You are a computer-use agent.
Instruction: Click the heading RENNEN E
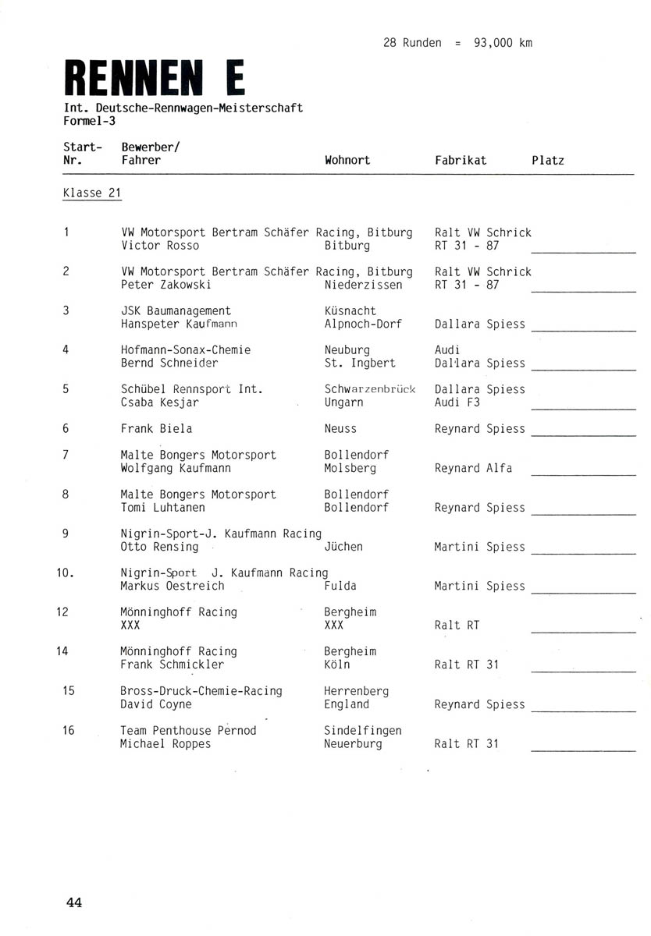click(x=154, y=78)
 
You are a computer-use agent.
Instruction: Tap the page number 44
click(x=74, y=902)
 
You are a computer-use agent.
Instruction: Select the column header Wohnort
click(x=347, y=160)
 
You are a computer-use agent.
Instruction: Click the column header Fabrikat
click(x=461, y=160)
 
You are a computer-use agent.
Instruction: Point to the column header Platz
click(x=548, y=160)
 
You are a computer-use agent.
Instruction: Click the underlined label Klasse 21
click(x=92, y=193)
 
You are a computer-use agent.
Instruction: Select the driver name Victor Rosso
click(x=160, y=246)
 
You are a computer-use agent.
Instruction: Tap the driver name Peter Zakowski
click(x=166, y=285)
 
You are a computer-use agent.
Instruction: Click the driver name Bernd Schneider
click(x=169, y=363)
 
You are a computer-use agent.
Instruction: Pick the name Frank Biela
click(x=156, y=429)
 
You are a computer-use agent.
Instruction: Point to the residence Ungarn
click(x=344, y=403)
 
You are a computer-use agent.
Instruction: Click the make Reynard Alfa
click(x=473, y=468)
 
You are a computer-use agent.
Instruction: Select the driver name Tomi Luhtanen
click(x=163, y=508)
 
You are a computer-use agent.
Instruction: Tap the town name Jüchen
click(x=343, y=547)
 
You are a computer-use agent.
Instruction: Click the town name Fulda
click(x=340, y=586)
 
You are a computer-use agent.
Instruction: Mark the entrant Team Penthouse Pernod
click(x=188, y=731)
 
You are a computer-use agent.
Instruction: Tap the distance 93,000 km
click(x=503, y=43)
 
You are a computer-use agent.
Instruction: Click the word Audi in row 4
click(x=447, y=350)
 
